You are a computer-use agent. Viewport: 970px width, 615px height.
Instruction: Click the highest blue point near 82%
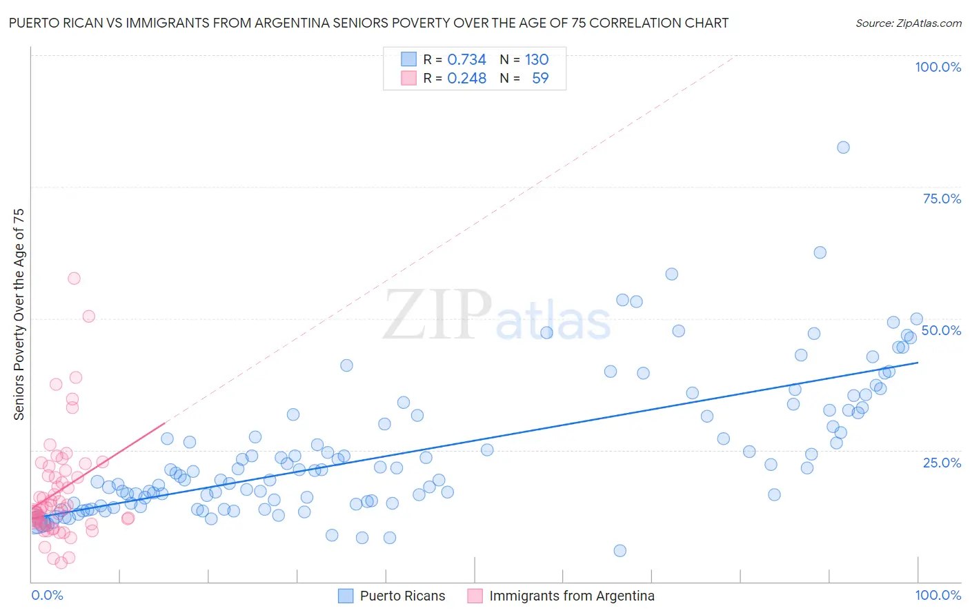click(843, 147)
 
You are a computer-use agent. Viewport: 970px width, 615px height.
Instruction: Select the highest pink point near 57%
click(74, 279)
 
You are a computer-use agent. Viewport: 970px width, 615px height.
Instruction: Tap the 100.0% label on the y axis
click(938, 67)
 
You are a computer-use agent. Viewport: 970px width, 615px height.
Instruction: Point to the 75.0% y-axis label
click(942, 199)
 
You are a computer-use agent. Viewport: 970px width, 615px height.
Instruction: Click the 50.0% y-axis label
click(941, 330)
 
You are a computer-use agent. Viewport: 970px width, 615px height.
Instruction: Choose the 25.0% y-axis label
click(942, 462)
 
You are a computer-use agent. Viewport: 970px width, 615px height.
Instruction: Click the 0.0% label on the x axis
click(47, 595)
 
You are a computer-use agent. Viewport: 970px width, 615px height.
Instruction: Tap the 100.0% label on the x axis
click(938, 595)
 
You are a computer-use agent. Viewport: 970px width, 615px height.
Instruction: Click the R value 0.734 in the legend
click(466, 59)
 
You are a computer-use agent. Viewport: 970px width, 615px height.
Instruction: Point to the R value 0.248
click(466, 79)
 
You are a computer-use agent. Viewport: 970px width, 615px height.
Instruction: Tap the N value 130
click(536, 59)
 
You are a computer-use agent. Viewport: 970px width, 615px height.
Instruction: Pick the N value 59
click(540, 79)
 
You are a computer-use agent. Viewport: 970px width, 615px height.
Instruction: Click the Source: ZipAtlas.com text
click(908, 23)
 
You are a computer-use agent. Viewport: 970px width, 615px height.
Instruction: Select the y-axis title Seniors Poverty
click(19, 314)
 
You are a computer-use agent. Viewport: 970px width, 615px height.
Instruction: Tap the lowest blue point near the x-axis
click(620, 550)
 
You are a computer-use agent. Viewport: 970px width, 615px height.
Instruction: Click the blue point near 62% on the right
click(820, 252)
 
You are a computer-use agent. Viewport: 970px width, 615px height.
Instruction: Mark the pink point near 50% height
click(88, 316)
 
